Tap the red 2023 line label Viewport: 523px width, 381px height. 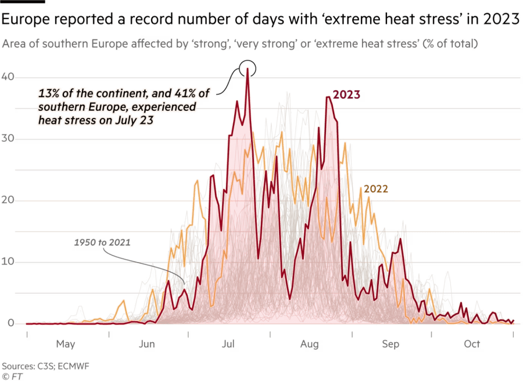point(348,94)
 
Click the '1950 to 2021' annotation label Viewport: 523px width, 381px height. point(102,242)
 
